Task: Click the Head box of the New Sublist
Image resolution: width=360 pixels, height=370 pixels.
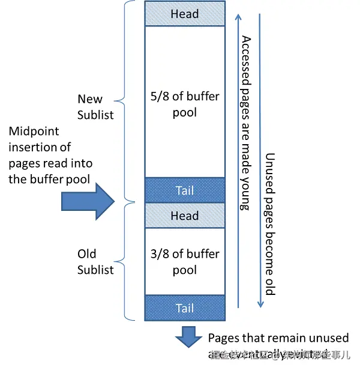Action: (185, 14)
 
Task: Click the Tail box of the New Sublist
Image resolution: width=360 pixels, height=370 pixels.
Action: (185, 190)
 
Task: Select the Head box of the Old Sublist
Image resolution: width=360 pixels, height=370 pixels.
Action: (185, 216)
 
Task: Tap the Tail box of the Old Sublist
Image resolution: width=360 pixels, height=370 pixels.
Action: (185, 308)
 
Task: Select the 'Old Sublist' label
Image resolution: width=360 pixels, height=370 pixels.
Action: (95, 262)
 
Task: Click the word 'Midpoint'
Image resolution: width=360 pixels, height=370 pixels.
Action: (35, 132)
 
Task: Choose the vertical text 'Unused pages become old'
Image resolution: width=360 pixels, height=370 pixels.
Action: (270, 222)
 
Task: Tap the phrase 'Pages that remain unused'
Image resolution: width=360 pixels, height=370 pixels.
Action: (278, 338)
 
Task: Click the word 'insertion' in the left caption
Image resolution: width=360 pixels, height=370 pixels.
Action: (31, 147)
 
